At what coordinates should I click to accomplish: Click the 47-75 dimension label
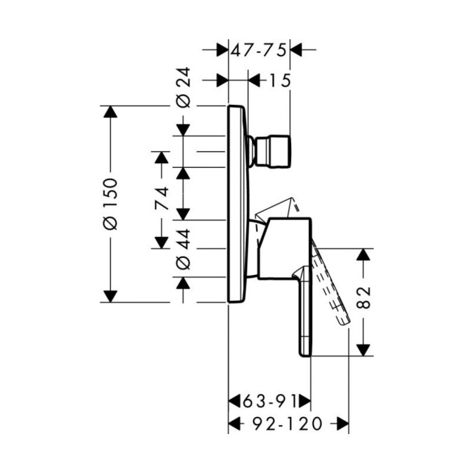259,50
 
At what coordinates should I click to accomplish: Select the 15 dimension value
280,81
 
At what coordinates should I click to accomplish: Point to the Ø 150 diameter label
110,204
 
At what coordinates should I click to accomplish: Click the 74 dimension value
161,198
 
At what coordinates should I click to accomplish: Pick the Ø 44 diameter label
184,249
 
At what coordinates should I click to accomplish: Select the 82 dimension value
363,297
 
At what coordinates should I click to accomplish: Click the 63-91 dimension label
270,402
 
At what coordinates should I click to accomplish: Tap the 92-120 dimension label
287,423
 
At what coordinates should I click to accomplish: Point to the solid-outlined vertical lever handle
305,311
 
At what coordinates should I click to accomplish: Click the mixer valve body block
284,249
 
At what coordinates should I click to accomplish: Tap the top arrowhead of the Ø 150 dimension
110,112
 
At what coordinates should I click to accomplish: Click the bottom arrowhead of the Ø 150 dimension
110,297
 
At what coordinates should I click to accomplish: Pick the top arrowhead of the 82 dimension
364,255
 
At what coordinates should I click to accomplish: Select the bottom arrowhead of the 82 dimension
364,350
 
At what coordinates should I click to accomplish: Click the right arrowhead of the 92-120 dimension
343,423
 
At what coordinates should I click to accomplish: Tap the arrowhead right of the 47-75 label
297,49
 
